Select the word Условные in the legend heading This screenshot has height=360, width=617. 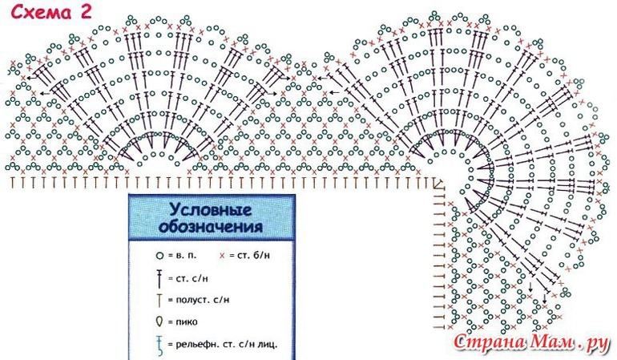pyautogui.click(x=210, y=209)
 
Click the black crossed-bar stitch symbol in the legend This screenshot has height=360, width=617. pyautogui.click(x=160, y=277)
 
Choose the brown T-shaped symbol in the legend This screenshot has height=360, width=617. pyautogui.click(x=160, y=300)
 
